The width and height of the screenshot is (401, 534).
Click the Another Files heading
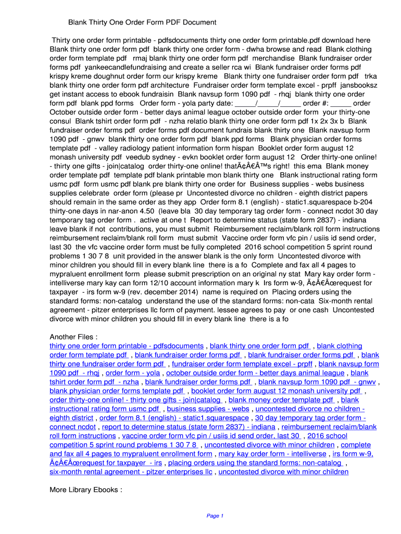[73, 336]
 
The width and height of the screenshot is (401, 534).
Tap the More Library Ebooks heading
[86, 490]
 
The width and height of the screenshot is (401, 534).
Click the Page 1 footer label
[215, 516]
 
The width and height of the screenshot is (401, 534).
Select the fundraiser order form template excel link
[242, 364]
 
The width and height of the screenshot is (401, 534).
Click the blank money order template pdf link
[281, 400]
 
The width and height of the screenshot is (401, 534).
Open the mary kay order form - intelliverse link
[272, 454]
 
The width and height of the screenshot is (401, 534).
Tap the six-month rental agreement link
[131, 472]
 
